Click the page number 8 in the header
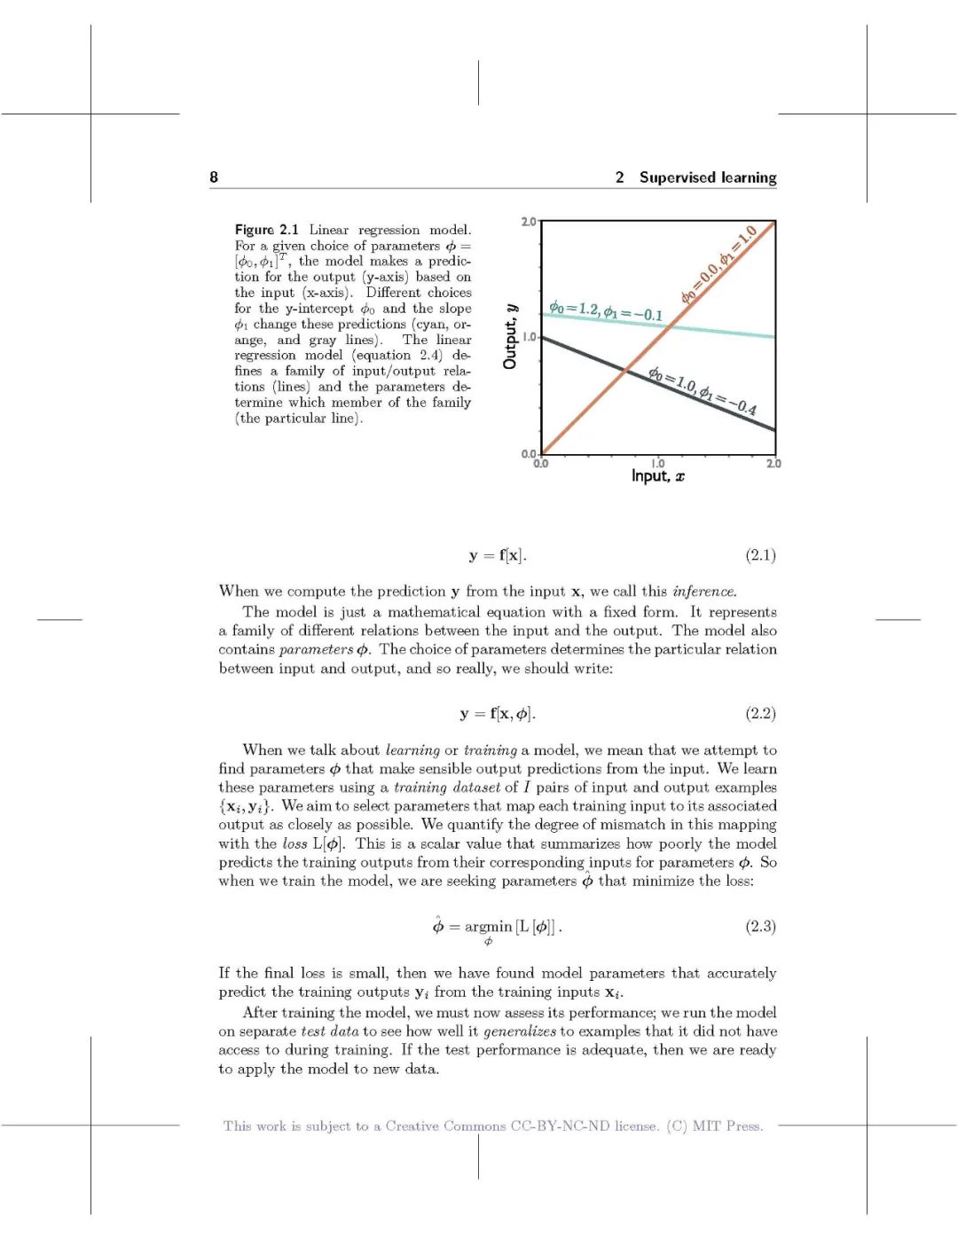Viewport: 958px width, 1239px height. click(x=214, y=177)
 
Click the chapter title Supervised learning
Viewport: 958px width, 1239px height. click(x=707, y=177)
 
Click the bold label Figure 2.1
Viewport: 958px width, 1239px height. click(x=266, y=230)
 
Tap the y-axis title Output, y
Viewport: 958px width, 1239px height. click(x=510, y=336)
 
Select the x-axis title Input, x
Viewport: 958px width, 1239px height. click(x=657, y=476)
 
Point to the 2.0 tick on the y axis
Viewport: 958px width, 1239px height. click(x=528, y=221)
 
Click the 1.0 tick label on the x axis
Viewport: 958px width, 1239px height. click(x=657, y=463)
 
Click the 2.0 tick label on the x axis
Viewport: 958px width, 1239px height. click(x=773, y=463)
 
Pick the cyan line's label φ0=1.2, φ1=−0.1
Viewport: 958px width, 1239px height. click(x=606, y=310)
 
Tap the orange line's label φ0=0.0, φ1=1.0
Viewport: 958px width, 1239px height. click(x=718, y=264)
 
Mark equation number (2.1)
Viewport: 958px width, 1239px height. click(x=760, y=555)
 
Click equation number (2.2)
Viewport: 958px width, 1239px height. click(x=760, y=713)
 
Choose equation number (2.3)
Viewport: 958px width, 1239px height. click(x=760, y=926)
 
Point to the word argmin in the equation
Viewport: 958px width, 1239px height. click(x=488, y=927)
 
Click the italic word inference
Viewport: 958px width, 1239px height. click(x=704, y=592)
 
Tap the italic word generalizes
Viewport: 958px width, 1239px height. click(x=520, y=1031)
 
